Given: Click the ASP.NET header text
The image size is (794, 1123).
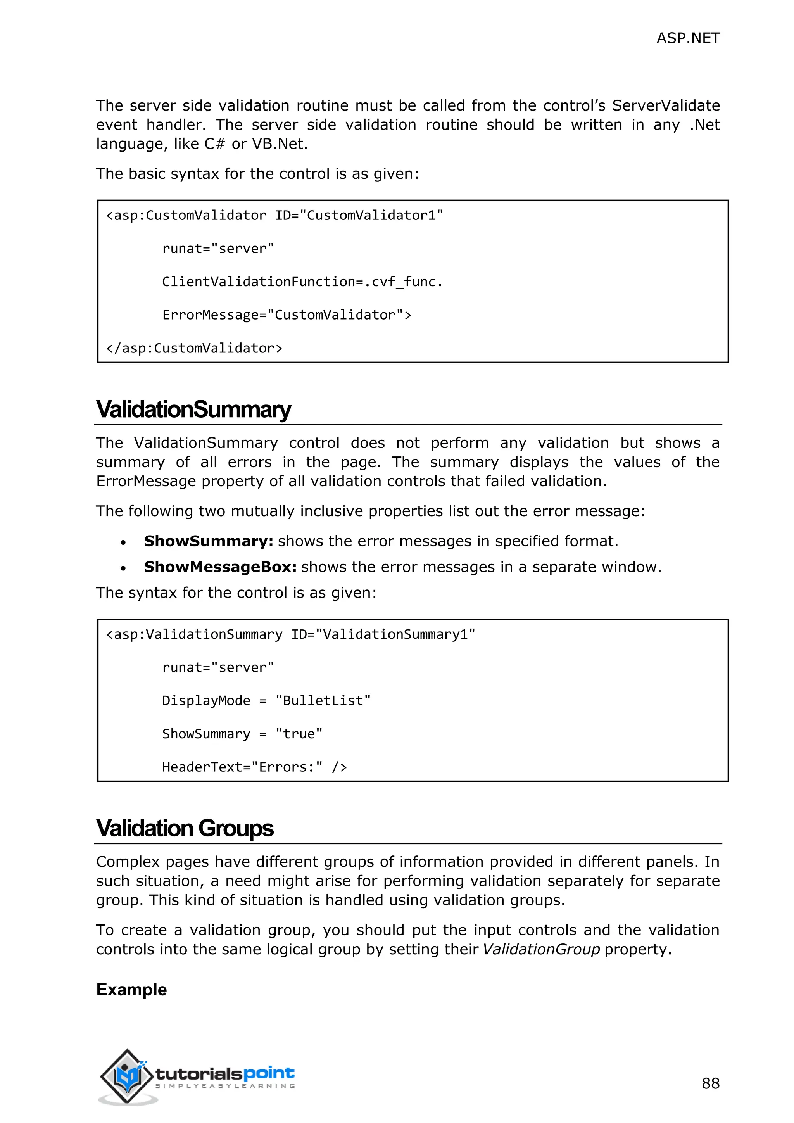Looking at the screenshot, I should point(687,38).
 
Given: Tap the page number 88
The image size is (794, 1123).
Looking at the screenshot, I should point(710,1083).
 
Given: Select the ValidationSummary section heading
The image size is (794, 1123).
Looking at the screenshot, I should point(193,409).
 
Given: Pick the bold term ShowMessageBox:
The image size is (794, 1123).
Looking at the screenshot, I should point(220,567).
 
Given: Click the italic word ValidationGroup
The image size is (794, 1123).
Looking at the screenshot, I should point(541,949).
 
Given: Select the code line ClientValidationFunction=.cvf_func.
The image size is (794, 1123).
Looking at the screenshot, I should point(302,282).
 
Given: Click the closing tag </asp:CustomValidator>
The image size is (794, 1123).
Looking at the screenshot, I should point(194,348).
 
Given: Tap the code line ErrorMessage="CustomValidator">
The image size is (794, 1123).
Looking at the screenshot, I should point(287,315).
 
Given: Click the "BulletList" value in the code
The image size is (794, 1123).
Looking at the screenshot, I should point(323,700).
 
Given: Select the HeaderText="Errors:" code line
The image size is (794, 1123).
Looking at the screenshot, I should point(254,767).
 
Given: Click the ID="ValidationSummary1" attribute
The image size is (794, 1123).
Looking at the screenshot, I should point(383,634).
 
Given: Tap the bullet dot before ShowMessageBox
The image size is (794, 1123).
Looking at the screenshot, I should point(123,568).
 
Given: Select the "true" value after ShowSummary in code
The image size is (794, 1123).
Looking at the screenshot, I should point(299,734).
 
